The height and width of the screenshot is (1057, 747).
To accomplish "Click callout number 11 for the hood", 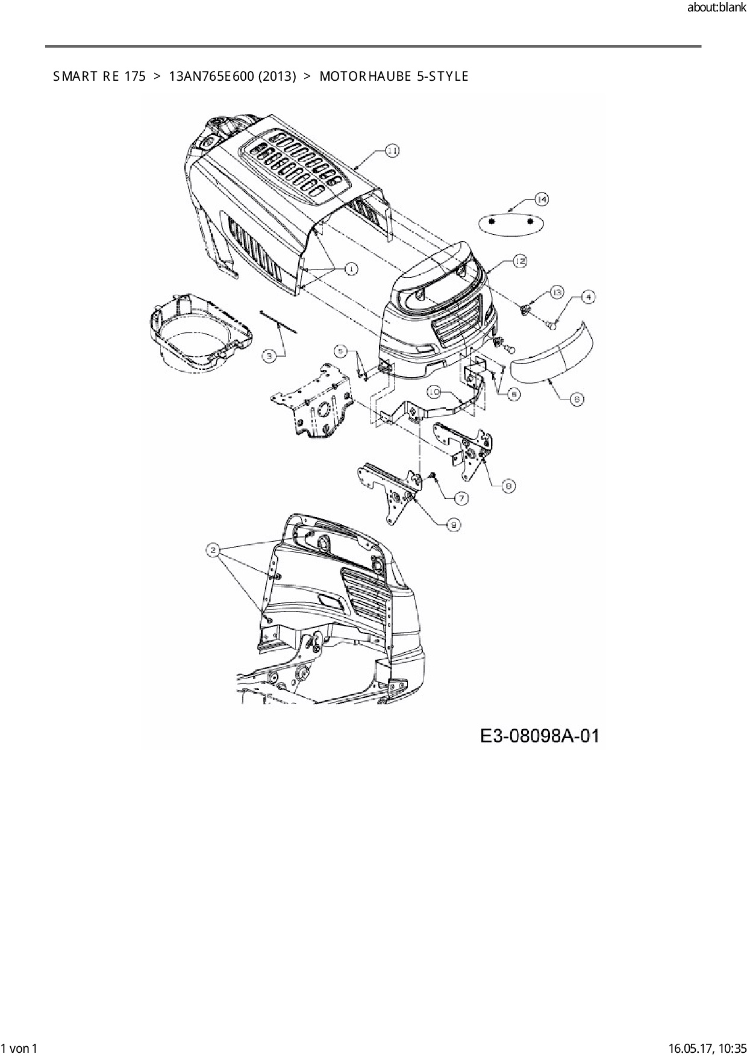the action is [x=392, y=151].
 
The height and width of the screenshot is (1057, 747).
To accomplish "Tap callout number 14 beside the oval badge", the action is [x=541, y=199].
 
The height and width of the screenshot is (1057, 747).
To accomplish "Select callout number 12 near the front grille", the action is [x=519, y=261].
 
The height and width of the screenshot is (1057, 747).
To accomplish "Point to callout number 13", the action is [x=556, y=292].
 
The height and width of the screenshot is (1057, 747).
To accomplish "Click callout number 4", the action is [x=589, y=296].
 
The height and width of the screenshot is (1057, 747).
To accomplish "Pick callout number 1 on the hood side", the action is [x=350, y=269].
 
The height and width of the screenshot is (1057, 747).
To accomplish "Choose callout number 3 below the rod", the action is [x=270, y=356].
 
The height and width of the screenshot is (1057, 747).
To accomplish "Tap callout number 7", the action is [x=461, y=498].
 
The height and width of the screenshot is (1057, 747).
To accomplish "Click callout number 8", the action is [x=508, y=485].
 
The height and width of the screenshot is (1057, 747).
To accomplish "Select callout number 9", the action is [x=454, y=525].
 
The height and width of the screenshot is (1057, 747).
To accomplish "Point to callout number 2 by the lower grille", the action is [x=213, y=549].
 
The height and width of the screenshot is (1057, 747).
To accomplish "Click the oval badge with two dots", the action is [x=511, y=222].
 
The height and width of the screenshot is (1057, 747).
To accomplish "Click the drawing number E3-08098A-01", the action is [x=539, y=736].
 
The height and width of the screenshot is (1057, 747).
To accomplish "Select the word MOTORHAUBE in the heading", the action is [x=364, y=77].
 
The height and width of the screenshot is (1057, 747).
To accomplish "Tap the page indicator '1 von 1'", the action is [x=20, y=1049].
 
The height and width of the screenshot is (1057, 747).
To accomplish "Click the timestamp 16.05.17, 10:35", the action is [x=707, y=1049].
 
